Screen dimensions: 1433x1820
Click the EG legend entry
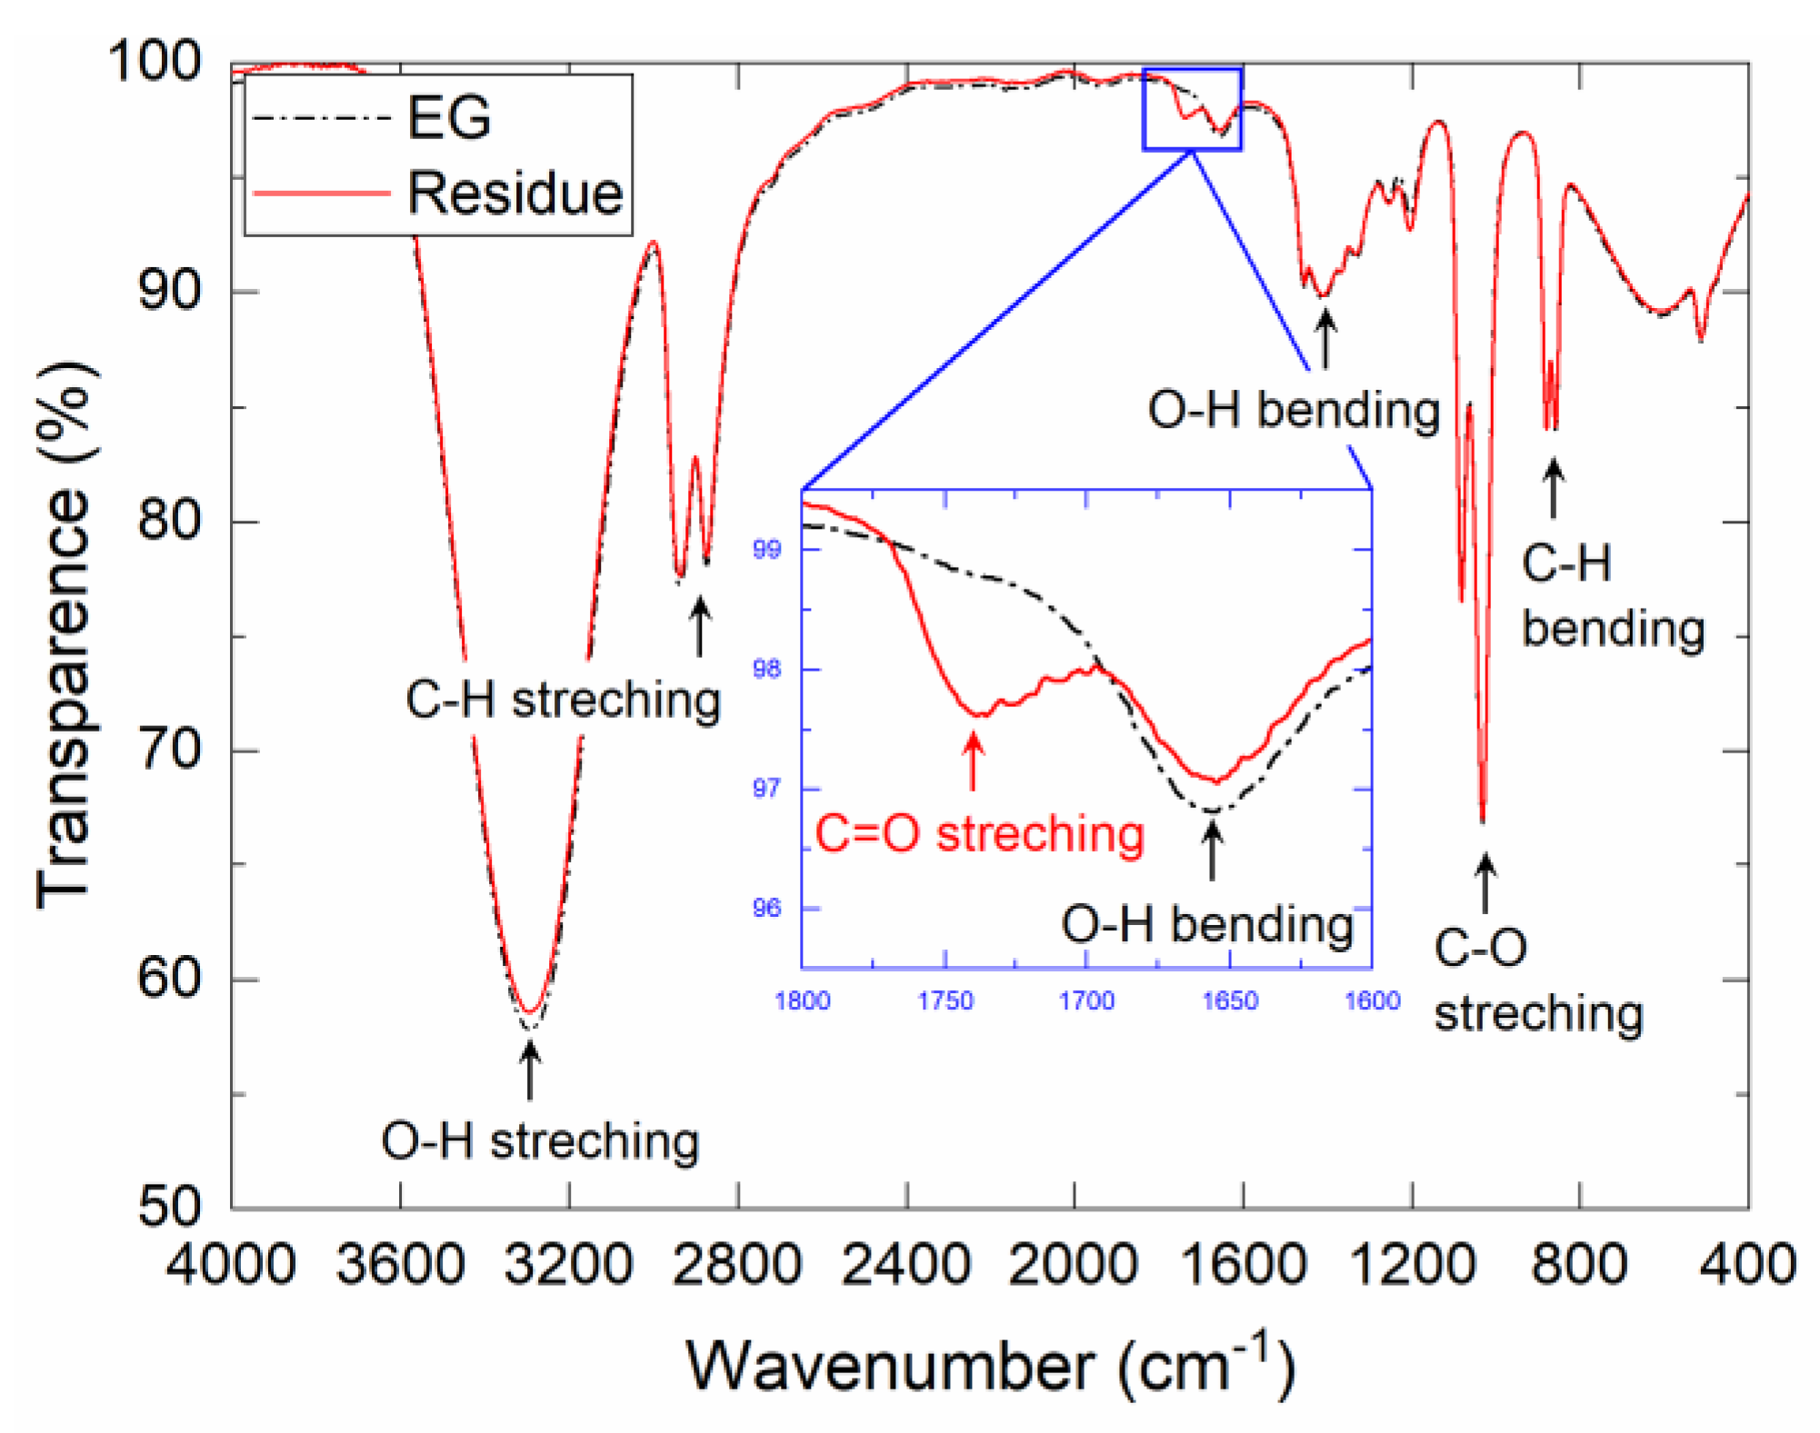pos(448,118)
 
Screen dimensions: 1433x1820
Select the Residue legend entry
pos(515,194)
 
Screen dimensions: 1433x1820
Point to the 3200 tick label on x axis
pos(569,1264)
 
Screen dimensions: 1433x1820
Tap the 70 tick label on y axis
pos(168,751)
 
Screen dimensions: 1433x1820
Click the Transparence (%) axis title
pos(65,636)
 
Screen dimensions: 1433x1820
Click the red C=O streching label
pos(979,833)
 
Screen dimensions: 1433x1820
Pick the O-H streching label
pos(540,1141)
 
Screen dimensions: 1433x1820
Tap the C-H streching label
pos(563,701)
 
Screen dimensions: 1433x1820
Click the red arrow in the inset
pos(973,761)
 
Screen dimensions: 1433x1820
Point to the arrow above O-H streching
pos(530,1070)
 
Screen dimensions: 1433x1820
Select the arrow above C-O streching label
pos(1485,882)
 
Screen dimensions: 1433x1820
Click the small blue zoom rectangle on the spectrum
pos(1192,109)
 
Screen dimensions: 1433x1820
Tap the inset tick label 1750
pos(945,1001)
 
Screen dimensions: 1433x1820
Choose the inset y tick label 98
pos(766,670)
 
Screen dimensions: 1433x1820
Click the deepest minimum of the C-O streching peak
pos(1483,819)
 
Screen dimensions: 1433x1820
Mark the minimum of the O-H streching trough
pos(531,1012)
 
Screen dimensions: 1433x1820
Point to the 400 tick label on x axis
pos(1747,1264)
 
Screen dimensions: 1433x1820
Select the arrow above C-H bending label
pos(1554,488)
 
